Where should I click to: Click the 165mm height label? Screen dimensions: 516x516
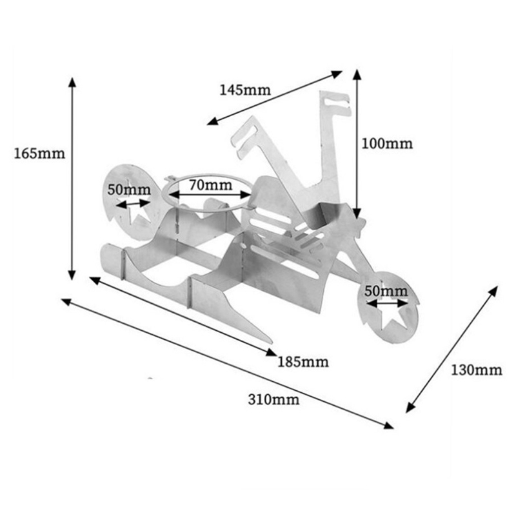tap(39, 154)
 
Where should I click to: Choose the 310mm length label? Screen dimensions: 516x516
tap(273, 399)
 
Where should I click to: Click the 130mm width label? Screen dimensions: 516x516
tap(476, 370)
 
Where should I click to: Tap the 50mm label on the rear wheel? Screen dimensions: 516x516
tap(128, 190)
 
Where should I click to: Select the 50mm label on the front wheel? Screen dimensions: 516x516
tap(386, 290)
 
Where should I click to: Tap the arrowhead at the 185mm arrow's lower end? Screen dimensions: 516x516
tap(273, 352)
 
